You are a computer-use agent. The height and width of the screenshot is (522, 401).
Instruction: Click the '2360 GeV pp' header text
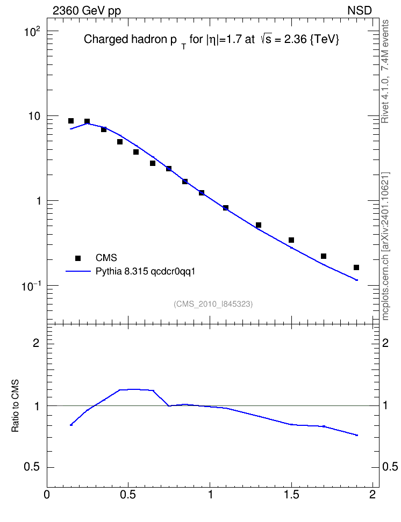[87, 11]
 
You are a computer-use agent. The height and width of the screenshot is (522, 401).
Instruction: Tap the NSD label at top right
[359, 11]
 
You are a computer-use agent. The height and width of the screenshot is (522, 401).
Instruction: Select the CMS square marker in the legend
[78, 258]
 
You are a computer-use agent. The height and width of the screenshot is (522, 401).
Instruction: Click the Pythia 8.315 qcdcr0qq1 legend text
[145, 272]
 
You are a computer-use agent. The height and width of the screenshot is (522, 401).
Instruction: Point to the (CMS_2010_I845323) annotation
[213, 304]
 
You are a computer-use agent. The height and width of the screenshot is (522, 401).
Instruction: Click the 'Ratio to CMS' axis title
[15, 406]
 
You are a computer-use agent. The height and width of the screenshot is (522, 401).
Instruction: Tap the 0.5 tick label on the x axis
[128, 495]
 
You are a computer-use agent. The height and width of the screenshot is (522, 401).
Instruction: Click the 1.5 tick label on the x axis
[291, 495]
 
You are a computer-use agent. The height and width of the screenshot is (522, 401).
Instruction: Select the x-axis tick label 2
[373, 495]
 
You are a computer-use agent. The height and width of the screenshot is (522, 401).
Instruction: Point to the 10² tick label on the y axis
[32, 32]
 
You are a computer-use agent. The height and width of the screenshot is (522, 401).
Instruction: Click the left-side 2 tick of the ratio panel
[36, 343]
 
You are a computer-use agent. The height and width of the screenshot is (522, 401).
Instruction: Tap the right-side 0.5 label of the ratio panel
[390, 467]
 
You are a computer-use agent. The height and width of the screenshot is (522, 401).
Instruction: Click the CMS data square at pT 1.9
[356, 267]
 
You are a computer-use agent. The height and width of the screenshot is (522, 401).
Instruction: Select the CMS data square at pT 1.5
[291, 240]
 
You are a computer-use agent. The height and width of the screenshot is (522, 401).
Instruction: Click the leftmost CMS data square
[71, 121]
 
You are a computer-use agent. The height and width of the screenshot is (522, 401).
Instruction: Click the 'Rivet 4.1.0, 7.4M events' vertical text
[385, 71]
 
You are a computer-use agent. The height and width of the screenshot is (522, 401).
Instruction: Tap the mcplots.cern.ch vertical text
[385, 247]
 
